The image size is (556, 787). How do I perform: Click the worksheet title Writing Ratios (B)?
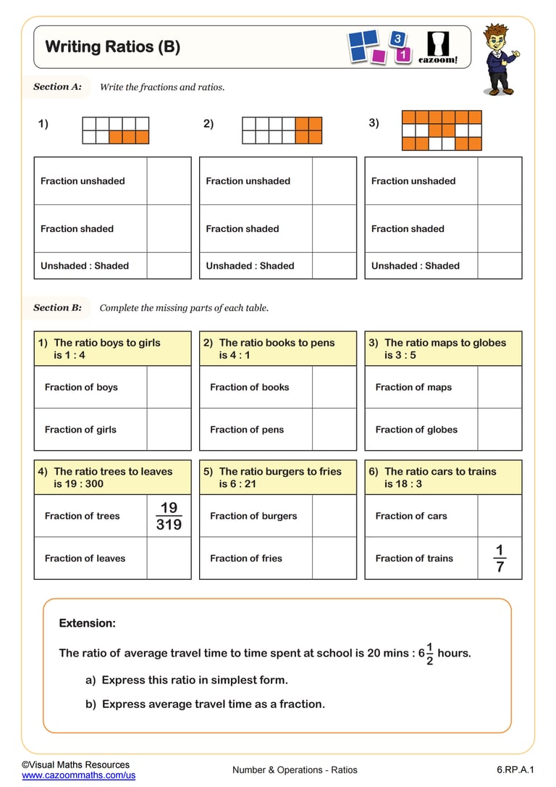tap(112, 47)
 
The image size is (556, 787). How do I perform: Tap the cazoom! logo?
tap(438, 47)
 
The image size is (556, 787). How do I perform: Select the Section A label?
tap(57, 87)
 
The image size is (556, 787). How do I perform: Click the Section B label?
tap(57, 307)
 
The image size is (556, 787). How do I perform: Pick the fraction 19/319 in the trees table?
tap(169, 515)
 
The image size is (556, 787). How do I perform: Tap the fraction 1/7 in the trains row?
tap(500, 558)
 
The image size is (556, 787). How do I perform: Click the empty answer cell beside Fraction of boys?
tap(169, 387)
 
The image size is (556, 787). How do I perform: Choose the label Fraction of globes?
tap(416, 429)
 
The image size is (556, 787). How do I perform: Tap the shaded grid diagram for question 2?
tap(282, 130)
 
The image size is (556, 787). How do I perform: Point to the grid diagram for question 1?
tap(116, 130)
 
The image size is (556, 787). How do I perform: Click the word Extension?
tap(87, 623)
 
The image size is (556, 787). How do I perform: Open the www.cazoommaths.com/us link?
tap(78, 775)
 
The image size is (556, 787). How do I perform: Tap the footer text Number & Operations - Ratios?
tap(295, 770)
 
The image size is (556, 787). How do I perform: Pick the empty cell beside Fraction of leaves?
tap(169, 558)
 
